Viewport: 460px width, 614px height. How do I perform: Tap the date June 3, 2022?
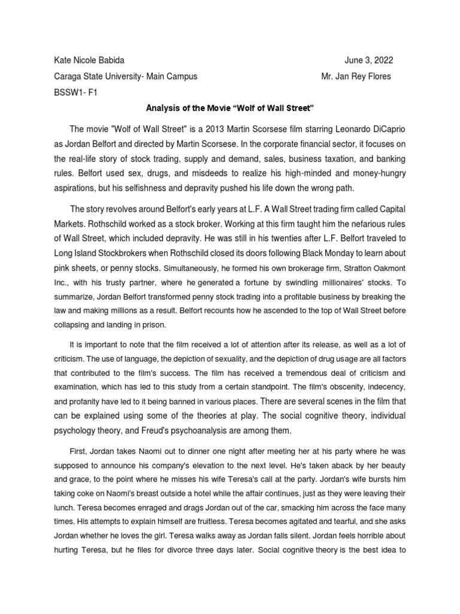[x=369, y=61]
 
